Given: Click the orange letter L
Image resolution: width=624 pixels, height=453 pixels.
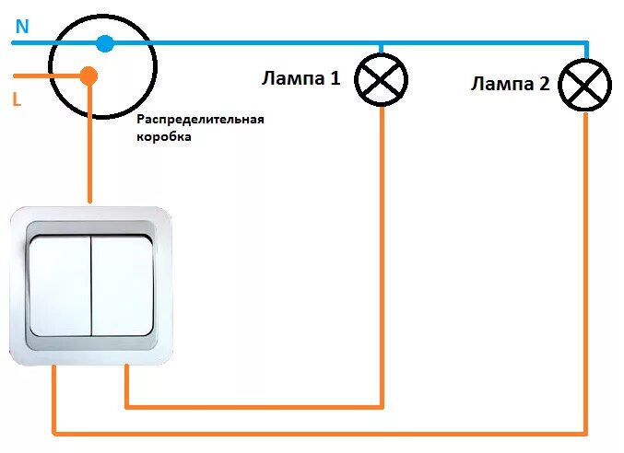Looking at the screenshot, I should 18,99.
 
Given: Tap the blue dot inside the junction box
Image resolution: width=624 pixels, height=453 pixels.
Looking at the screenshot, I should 105,43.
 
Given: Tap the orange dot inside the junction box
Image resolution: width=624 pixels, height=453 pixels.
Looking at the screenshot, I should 88,75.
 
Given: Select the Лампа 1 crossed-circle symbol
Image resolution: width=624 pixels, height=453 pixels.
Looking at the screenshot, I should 381,80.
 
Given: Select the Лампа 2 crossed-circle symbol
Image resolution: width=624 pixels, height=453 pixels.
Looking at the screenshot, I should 586,86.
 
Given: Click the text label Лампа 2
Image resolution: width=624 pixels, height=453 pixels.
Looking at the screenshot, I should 510,85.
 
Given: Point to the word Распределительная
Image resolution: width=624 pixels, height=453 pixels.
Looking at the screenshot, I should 200,120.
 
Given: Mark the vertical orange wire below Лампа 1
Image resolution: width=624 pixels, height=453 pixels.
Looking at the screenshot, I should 381,258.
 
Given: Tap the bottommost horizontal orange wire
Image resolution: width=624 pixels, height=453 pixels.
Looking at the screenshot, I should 323,431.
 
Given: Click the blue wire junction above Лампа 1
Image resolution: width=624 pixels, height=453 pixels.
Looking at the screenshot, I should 381,42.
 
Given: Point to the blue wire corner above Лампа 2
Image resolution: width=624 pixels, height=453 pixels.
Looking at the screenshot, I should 586,42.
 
